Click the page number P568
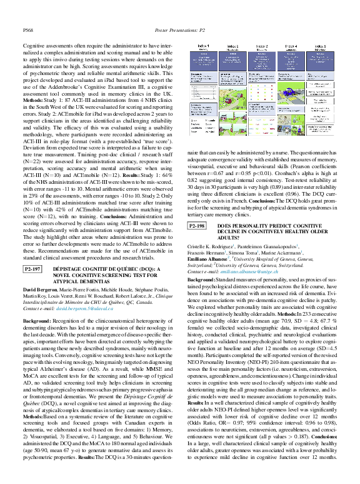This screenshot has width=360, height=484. pyautogui.click(x=27, y=29)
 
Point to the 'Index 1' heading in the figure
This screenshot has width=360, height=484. pyautogui.click(x=204, y=46)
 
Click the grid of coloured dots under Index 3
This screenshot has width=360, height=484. pyautogui.click(x=261, y=91)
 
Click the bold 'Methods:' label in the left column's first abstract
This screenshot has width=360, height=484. pyautogui.click(x=32, y=99)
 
